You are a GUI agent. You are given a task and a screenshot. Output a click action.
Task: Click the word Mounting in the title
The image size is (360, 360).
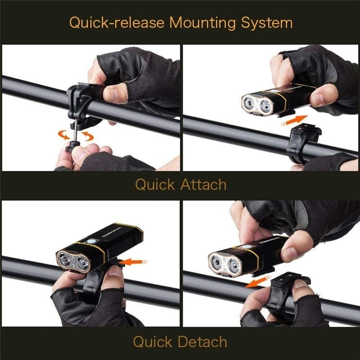[x=203, y=23]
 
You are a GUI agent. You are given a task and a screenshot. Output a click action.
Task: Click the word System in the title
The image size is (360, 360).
[x=267, y=23]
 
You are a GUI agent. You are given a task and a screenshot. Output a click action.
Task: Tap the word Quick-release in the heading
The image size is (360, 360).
[x=117, y=22]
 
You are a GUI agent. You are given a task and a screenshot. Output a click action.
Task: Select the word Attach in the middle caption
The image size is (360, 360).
[x=203, y=184]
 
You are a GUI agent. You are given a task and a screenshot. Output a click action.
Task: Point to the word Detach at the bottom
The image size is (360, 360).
[x=203, y=342]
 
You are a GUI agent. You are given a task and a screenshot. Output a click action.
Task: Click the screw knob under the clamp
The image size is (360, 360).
[x=73, y=146]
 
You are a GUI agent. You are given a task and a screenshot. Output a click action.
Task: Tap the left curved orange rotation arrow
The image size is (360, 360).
[x=63, y=135]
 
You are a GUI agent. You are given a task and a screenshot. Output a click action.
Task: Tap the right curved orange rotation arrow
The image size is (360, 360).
[x=88, y=136]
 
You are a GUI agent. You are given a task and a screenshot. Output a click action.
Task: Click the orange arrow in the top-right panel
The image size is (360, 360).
[x=294, y=121]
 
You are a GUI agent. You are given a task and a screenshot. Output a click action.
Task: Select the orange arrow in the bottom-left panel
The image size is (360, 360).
[x=133, y=262]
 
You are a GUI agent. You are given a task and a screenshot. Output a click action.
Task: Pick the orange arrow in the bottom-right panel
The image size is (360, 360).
[x=258, y=282]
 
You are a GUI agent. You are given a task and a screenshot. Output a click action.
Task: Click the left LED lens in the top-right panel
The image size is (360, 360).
[x=249, y=103]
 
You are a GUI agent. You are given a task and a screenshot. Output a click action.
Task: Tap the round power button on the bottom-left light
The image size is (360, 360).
[x=91, y=241]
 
